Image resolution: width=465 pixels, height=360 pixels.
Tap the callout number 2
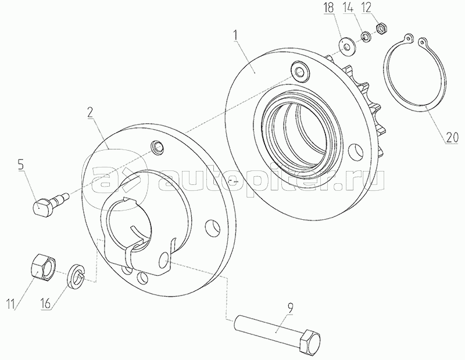click(x=90, y=112)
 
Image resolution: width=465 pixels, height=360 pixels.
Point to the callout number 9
click(x=290, y=308)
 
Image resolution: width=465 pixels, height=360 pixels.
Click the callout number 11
click(x=10, y=304)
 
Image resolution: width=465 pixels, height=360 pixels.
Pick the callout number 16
click(x=46, y=304)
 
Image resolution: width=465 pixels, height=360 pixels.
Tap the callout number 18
click(x=328, y=8)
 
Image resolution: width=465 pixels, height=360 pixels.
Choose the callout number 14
click(x=348, y=8)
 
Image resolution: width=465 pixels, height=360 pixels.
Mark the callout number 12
click(x=366, y=8)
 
